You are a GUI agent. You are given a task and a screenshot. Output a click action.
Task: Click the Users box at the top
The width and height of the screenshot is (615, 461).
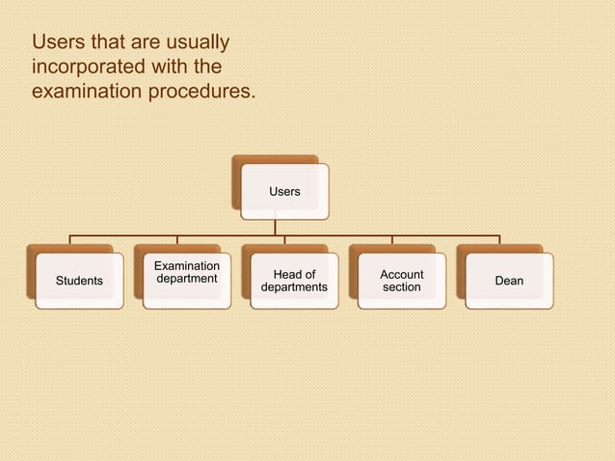click(284, 191)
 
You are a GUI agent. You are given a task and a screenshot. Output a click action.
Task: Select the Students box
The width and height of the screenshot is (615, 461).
click(79, 281)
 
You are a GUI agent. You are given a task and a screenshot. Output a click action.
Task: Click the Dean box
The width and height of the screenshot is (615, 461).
click(509, 281)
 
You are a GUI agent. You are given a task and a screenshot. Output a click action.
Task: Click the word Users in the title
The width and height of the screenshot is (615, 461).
click(56, 43)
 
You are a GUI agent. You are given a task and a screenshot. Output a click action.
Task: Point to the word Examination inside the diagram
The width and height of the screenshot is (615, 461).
click(187, 266)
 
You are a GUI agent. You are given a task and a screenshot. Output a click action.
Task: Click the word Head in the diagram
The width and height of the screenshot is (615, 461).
click(282, 274)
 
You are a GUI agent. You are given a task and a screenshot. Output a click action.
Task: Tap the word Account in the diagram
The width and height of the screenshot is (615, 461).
click(402, 274)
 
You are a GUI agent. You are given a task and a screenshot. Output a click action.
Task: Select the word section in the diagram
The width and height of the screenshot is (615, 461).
click(402, 287)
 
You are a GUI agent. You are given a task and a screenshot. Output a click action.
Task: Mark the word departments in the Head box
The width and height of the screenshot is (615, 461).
click(294, 287)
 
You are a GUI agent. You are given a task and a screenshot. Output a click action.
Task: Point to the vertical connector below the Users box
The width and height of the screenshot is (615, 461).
click(276, 227)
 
